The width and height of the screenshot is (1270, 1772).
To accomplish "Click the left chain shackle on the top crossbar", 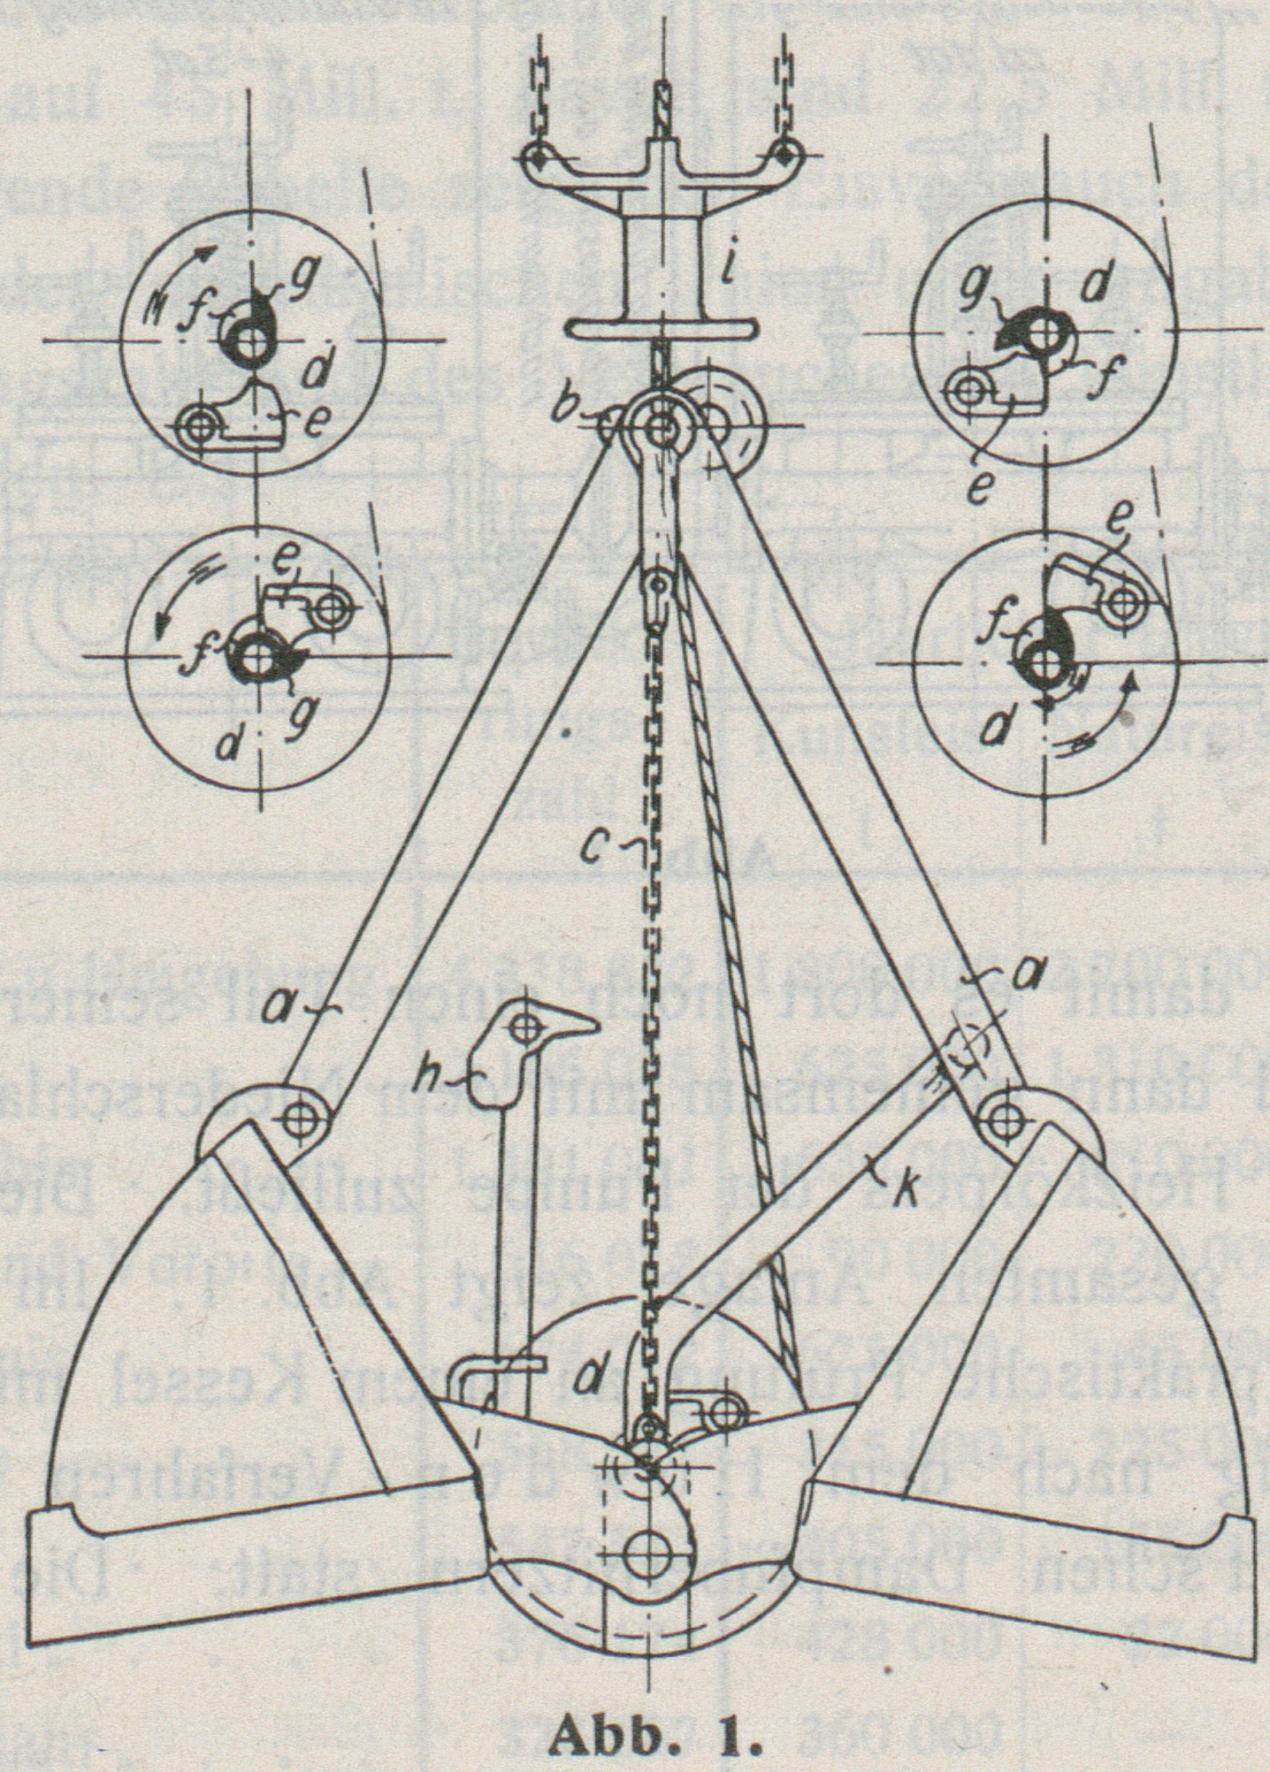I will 537,159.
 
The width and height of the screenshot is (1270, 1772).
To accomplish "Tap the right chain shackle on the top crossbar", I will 781,159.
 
